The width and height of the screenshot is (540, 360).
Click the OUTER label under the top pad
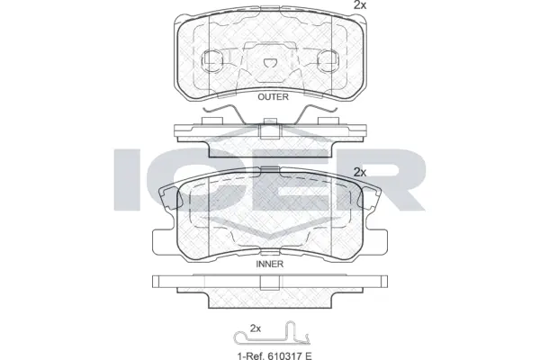click(x=273, y=97)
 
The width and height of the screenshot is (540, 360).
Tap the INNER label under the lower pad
click(x=270, y=265)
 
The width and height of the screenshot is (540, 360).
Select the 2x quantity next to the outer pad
click(x=360, y=6)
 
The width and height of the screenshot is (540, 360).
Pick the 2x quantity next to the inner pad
click(x=360, y=171)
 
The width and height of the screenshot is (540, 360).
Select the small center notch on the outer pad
click(x=271, y=62)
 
